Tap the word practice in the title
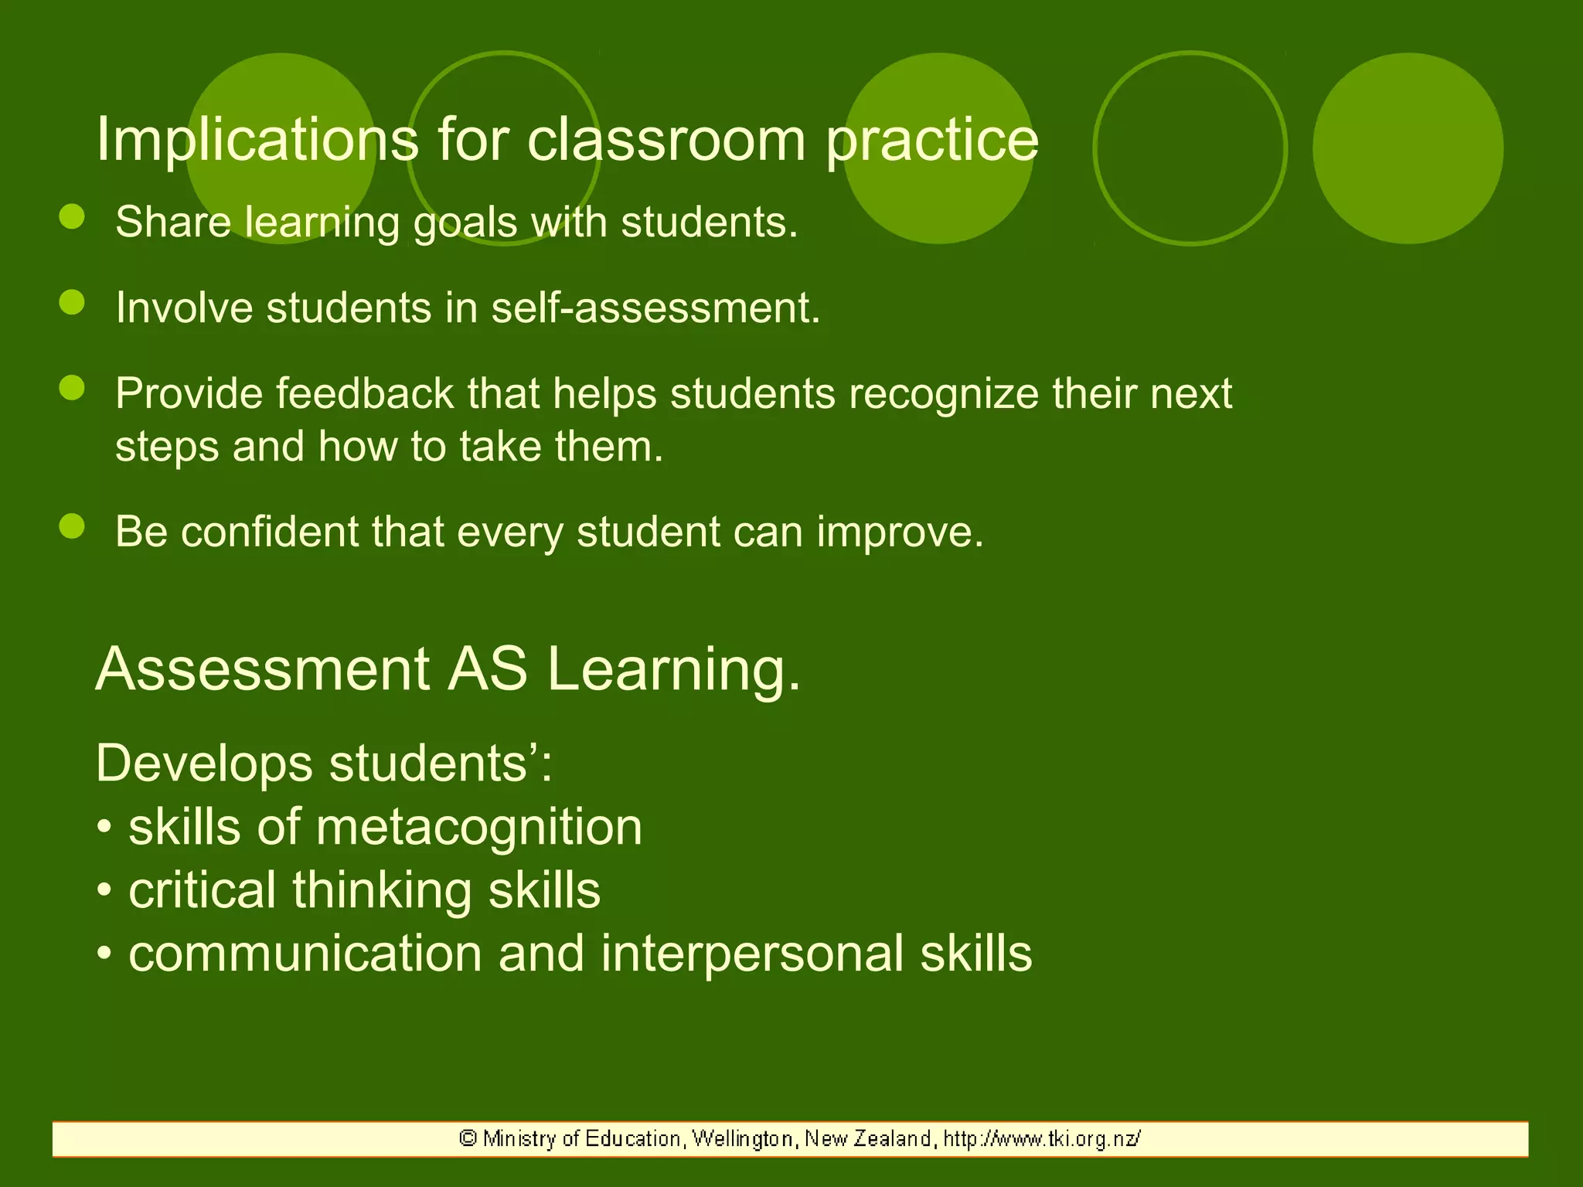click(932, 141)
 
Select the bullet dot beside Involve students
click(72, 302)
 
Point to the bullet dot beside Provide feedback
click(72, 388)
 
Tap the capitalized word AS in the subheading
click(488, 668)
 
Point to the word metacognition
click(478, 828)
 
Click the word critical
click(203, 890)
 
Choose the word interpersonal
click(751, 954)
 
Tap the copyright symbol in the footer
click(467, 1138)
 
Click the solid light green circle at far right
click(1408, 148)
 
